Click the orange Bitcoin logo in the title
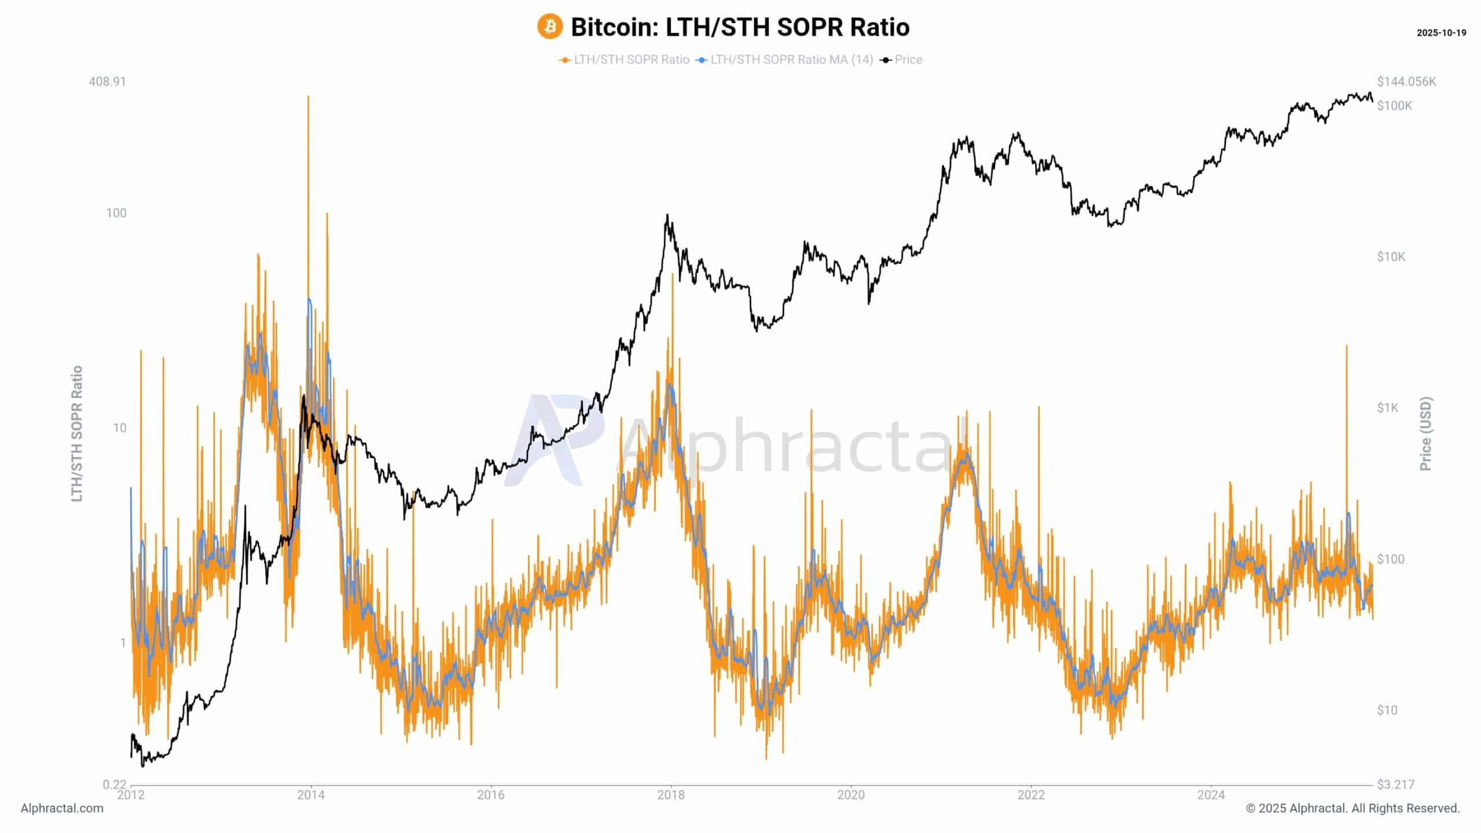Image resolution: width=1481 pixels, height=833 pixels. pos(550,27)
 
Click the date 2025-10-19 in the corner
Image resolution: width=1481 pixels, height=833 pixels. pos(1441,33)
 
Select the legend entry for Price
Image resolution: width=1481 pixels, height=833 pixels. pos(908,60)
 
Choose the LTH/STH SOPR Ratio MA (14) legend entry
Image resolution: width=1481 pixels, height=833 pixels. pos(791,60)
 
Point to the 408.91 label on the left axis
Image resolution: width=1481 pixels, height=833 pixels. pos(107,82)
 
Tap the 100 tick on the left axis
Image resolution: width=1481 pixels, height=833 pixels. pos(116,213)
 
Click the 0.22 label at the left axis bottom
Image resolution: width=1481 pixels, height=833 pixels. pos(114,784)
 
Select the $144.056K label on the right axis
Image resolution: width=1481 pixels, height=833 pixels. pos(1406,82)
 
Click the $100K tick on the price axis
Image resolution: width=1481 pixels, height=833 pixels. pos(1394,105)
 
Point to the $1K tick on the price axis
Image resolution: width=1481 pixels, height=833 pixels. pos(1387,408)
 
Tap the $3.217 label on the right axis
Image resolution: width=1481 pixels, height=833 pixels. pos(1395,784)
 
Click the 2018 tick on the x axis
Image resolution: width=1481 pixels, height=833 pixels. pos(670,795)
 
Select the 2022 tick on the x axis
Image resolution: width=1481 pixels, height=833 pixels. pos(1031,795)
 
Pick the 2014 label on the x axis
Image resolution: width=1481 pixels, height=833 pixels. pos(311,795)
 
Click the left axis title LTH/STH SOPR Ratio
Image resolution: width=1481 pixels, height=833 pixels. pos(77,433)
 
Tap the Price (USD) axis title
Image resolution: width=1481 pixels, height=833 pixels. pos(1425,433)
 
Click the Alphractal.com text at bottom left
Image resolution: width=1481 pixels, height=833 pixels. pos(62,808)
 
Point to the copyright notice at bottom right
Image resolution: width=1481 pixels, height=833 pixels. pos(1353,808)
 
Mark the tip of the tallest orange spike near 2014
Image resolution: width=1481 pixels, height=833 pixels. pos(308,97)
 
